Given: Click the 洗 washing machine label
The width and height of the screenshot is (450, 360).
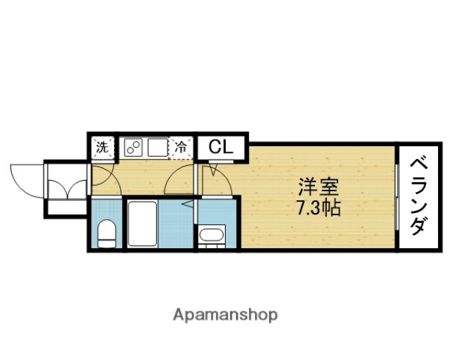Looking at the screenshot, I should coord(103,147).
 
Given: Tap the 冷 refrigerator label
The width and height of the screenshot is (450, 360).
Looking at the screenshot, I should coord(181,147).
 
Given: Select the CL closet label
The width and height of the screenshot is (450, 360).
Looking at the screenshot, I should coord(220,147).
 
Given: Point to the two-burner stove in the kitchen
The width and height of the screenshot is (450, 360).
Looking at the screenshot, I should coord(133,147).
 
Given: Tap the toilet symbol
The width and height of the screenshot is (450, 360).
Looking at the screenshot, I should coord(106,232).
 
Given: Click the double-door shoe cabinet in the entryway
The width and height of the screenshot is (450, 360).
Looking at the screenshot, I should coord(67,187).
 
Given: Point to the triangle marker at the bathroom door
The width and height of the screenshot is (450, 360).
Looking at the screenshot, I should coord(190,203).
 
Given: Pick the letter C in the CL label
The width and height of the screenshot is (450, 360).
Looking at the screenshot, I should coord(214,147).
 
